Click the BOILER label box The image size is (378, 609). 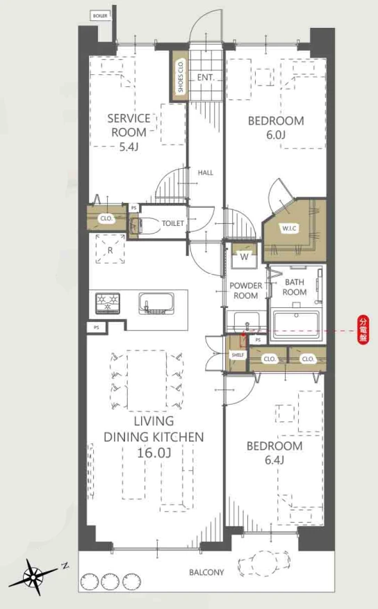[100, 16]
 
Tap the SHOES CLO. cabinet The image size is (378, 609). [180, 76]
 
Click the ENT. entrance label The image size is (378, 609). [205, 78]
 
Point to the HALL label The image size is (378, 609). [205, 173]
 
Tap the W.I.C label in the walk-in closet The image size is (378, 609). [289, 228]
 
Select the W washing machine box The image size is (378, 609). [244, 256]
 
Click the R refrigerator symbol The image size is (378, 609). [110, 249]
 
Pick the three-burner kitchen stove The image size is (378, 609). [108, 303]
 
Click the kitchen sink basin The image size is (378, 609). [156, 303]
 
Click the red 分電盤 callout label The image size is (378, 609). [363, 330]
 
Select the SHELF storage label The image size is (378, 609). [238, 355]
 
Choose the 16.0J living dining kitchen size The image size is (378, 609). [154, 453]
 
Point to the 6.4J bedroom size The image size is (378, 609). [274, 461]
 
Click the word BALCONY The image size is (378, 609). [206, 572]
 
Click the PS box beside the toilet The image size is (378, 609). [134, 208]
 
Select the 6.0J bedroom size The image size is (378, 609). [276, 135]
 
